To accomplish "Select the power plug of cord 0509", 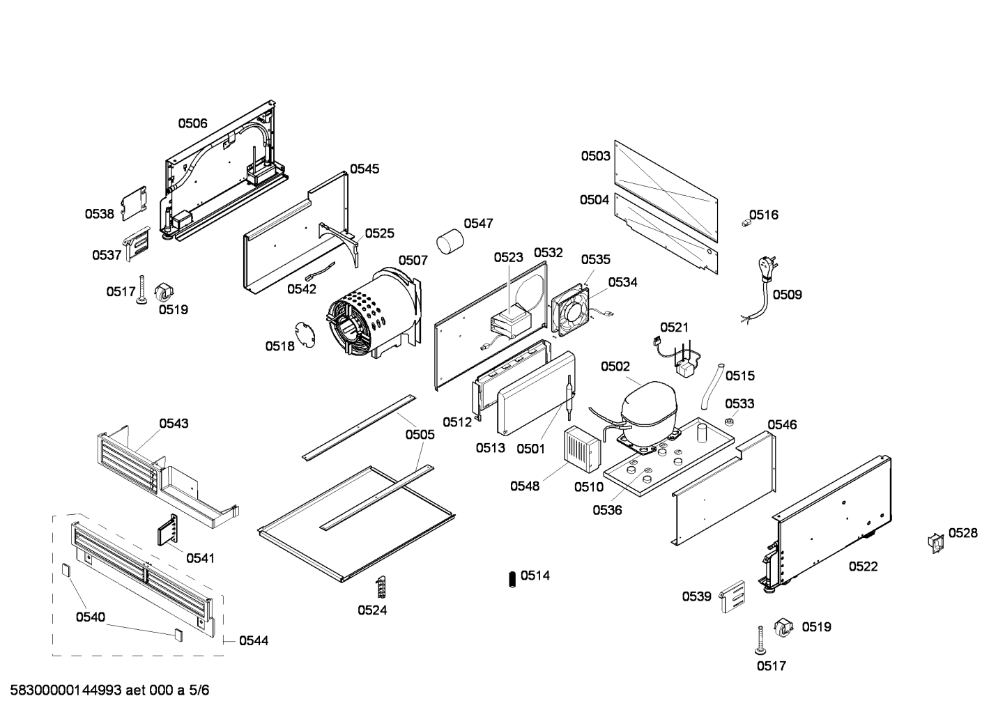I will pos(765,268).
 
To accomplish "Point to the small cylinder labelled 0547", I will pos(451,244).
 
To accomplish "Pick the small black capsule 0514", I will pos(512,578).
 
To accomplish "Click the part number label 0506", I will pos(192,123).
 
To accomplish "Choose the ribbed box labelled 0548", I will pos(582,446).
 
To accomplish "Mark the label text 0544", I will pos(253,640).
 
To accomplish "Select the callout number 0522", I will pos(863,566).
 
